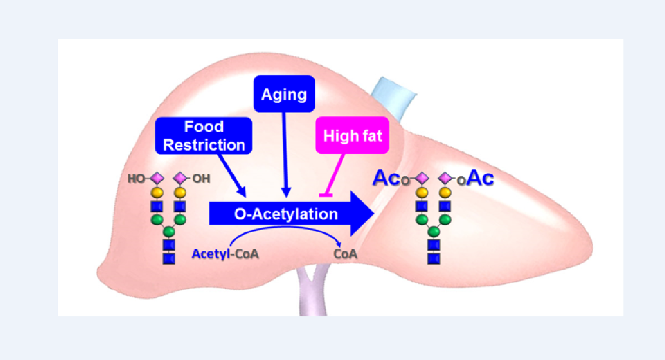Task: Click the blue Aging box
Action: click(284, 94)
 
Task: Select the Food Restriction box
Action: click(203, 136)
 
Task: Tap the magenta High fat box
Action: click(352, 136)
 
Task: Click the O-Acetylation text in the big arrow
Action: click(286, 214)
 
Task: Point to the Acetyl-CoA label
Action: click(225, 254)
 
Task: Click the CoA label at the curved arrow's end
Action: click(345, 254)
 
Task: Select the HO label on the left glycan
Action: click(136, 179)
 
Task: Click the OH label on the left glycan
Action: click(201, 179)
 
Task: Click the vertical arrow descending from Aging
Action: click(285, 151)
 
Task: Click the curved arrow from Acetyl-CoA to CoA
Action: click(285, 229)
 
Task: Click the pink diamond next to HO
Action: click(157, 178)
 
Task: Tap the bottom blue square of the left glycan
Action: click(169, 259)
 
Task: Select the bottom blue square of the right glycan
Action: click(434, 259)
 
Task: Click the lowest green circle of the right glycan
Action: click(434, 232)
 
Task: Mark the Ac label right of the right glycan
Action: click(481, 178)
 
